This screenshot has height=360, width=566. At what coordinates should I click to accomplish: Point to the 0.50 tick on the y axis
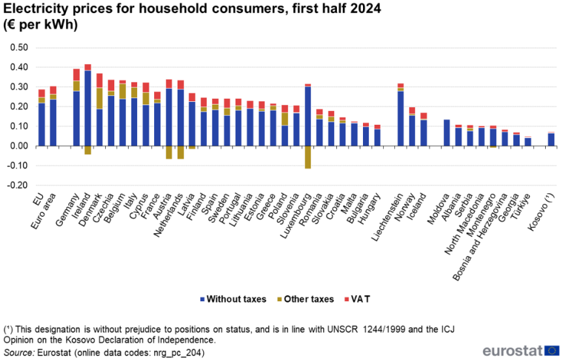[19, 48]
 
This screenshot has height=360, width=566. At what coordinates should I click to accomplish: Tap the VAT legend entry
[360, 299]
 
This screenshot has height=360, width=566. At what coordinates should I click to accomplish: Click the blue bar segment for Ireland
[88, 108]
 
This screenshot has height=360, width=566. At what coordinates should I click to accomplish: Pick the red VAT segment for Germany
[76, 74]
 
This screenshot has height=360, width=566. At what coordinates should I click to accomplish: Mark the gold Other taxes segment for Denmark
[100, 98]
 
